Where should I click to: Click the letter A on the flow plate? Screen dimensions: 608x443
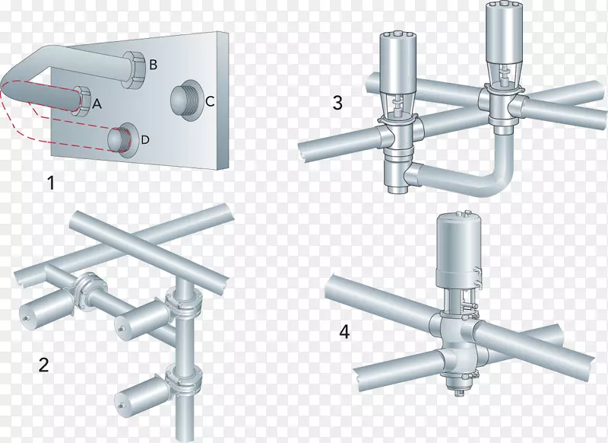coord(97,104)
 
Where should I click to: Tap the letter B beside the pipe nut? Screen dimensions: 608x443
coord(153,65)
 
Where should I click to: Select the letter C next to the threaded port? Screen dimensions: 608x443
coord(210,101)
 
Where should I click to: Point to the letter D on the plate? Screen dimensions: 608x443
coord(144,139)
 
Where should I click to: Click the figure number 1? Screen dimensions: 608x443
coord(50,183)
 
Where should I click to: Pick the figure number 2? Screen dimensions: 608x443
coord(43,365)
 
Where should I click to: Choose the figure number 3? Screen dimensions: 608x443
coord(337,103)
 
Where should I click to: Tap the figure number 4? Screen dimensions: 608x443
coord(344,332)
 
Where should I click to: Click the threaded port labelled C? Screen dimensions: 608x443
coord(185,100)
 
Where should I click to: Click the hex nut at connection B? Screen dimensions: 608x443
coord(135,69)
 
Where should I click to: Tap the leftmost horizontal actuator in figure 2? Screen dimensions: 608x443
coord(45,308)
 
